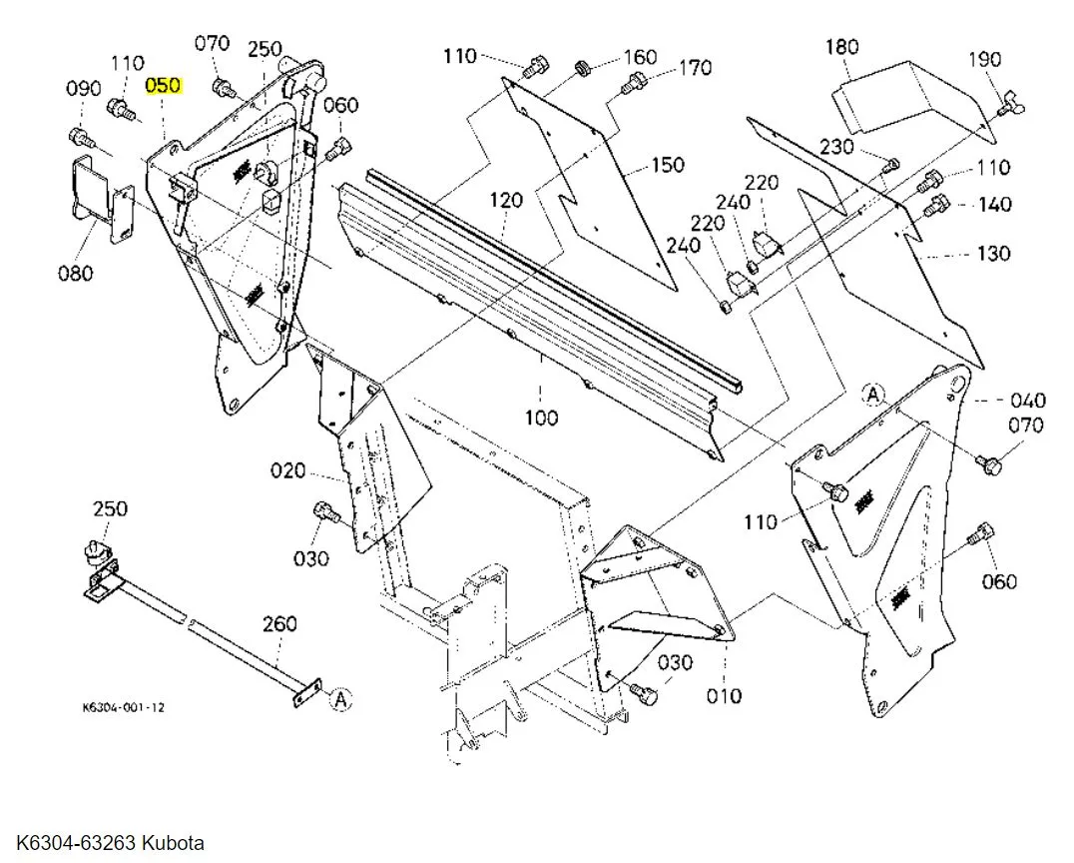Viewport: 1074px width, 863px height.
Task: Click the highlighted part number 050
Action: pos(163,86)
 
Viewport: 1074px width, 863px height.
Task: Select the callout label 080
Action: pos(75,273)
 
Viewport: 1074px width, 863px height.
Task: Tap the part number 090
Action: pos(85,89)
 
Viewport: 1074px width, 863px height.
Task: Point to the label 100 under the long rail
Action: pos(541,418)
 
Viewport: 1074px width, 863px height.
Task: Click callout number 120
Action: pos(506,201)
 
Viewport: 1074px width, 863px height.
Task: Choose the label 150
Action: pos(668,165)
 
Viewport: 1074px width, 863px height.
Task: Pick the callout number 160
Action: pos(641,56)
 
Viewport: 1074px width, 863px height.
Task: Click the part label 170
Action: pos(695,68)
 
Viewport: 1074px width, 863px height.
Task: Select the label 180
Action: pos(842,47)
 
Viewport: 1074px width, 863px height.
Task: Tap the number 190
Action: pos(984,60)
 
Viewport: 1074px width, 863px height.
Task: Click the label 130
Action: pos(993,254)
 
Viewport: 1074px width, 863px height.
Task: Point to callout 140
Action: pos(994,205)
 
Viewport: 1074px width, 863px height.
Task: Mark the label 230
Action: pos(836,147)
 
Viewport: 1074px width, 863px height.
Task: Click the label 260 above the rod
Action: pos(279,624)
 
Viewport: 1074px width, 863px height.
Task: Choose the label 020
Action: pos(288,470)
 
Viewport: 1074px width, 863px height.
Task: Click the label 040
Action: pos(1027,401)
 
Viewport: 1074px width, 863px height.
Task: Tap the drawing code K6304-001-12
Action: pos(124,707)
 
